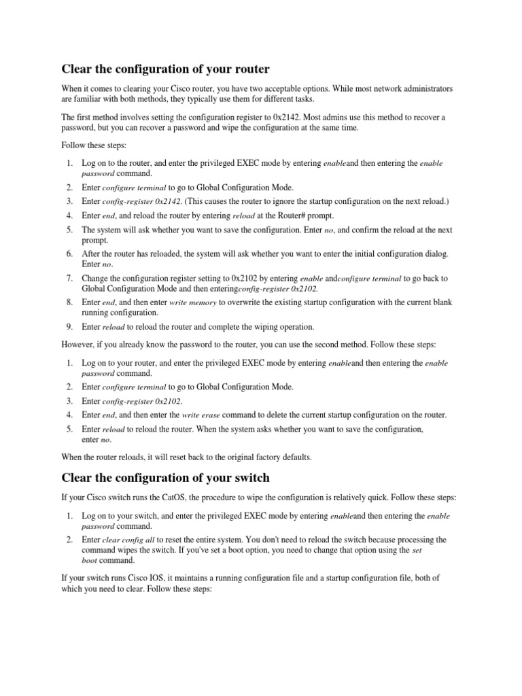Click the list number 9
(x=69, y=327)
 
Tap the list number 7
(x=69, y=278)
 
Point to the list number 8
(x=69, y=302)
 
